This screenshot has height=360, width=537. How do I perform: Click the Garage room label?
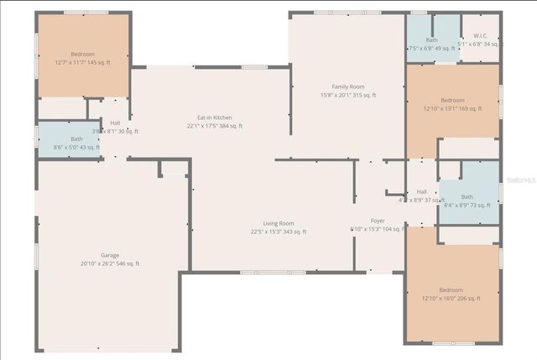(110, 255)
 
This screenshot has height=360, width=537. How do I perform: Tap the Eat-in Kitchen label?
(214, 117)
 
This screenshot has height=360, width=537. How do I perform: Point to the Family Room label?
(348, 86)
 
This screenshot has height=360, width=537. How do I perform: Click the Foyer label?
(378, 221)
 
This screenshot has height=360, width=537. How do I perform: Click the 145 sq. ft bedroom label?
(82, 54)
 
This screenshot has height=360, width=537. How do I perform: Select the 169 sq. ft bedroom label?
(452, 100)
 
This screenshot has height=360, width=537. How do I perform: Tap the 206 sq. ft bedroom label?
(452, 290)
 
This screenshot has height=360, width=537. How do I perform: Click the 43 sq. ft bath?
(76, 139)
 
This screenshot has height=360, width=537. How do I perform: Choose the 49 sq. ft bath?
(431, 40)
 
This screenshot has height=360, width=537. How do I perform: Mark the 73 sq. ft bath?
(467, 196)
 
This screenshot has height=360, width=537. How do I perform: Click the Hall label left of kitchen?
(115, 123)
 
